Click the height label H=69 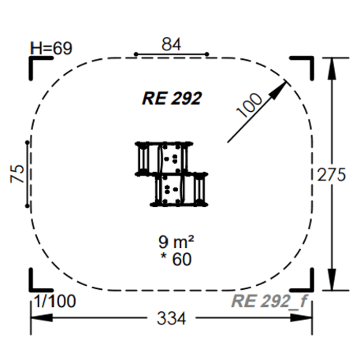pyautogui.click(x=50, y=49)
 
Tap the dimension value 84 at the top pyautogui.click(x=171, y=45)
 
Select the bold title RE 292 pyautogui.click(x=172, y=98)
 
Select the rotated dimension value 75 pyautogui.click(x=17, y=174)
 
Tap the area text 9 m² pyautogui.click(x=176, y=242)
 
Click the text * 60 pyautogui.click(x=176, y=258)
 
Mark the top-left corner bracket pyautogui.click(x=36, y=66)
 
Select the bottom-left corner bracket pyautogui.click(x=36, y=282)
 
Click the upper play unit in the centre pyautogui.click(x=164, y=158)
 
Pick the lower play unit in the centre pyautogui.click(x=181, y=190)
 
